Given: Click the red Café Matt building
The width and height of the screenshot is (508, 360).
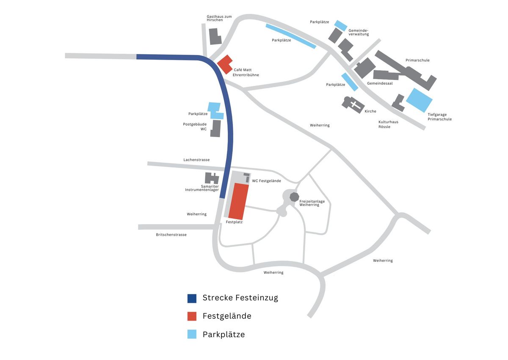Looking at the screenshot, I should coord(225,64).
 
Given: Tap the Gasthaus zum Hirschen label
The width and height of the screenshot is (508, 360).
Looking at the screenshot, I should coord(219,18).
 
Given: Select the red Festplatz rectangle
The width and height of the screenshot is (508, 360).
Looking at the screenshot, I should coord(239,201).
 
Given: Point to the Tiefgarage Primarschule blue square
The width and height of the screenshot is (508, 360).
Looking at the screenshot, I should coord(419,100).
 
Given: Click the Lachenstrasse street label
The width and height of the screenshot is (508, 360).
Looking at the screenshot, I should coord(196,160).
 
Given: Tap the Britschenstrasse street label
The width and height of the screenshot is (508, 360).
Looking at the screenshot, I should coord(171,234).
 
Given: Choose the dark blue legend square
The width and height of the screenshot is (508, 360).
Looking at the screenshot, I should coord(192,298).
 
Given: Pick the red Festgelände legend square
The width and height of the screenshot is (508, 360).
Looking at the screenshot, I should coord(192,316).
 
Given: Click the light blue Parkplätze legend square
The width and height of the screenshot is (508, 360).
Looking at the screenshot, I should coord(192,335).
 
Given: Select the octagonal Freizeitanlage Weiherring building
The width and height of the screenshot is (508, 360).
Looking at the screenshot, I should coord(293,196).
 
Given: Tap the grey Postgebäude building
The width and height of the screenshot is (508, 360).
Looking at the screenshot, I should coord(215,128).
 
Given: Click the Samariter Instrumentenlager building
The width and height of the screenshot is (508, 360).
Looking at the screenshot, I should coord(212,178).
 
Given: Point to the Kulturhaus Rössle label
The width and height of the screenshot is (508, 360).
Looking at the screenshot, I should coord(388,124).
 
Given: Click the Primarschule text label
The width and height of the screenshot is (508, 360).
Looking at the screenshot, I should coord(417,60).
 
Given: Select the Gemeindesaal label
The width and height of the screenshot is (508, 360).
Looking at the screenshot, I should coord(380,83).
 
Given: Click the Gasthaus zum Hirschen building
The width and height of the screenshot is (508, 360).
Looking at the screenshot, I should coord(215,37).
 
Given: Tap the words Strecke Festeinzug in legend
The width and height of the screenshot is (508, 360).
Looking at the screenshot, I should coord(240,297).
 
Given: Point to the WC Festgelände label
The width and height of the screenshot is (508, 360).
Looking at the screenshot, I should coord(266,181).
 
